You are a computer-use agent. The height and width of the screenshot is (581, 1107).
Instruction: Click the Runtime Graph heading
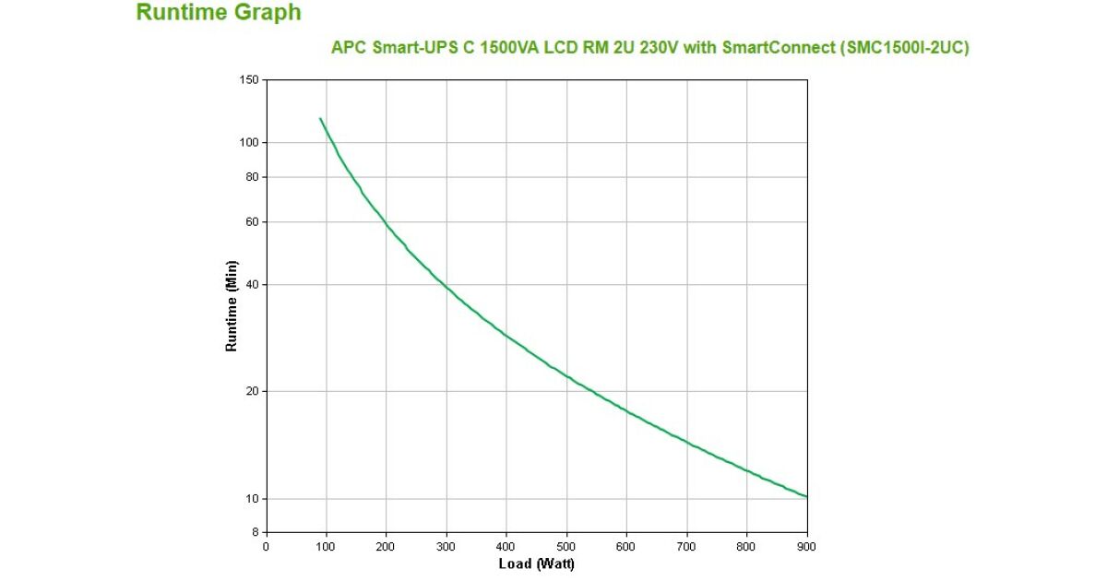219,13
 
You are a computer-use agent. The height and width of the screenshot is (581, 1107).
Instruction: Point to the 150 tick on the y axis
248,80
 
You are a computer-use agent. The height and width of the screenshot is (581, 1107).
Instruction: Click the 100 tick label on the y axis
248,143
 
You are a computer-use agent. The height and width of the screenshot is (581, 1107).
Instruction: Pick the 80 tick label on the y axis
251,177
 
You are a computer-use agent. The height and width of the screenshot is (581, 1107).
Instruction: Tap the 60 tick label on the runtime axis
251,222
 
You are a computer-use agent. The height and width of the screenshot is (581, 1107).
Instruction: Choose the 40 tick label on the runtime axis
251,285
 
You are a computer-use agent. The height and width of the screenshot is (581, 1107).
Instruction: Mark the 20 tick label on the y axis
251,392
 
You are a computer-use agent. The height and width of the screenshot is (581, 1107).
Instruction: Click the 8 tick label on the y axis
255,533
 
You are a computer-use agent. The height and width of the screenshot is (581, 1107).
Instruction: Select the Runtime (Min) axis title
232,305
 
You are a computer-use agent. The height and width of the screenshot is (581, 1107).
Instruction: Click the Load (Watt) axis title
536,564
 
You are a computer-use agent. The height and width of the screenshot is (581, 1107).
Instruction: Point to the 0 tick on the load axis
267,547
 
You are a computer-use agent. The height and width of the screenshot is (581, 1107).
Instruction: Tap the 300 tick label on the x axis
446,547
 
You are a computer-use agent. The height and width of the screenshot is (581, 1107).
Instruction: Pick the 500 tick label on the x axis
566,547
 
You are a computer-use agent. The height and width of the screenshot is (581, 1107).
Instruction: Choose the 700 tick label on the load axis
687,547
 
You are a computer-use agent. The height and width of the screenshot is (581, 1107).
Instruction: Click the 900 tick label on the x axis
807,547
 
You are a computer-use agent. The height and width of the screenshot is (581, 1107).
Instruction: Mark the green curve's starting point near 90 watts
320,118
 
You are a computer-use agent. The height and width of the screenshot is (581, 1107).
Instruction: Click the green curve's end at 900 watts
807,497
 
